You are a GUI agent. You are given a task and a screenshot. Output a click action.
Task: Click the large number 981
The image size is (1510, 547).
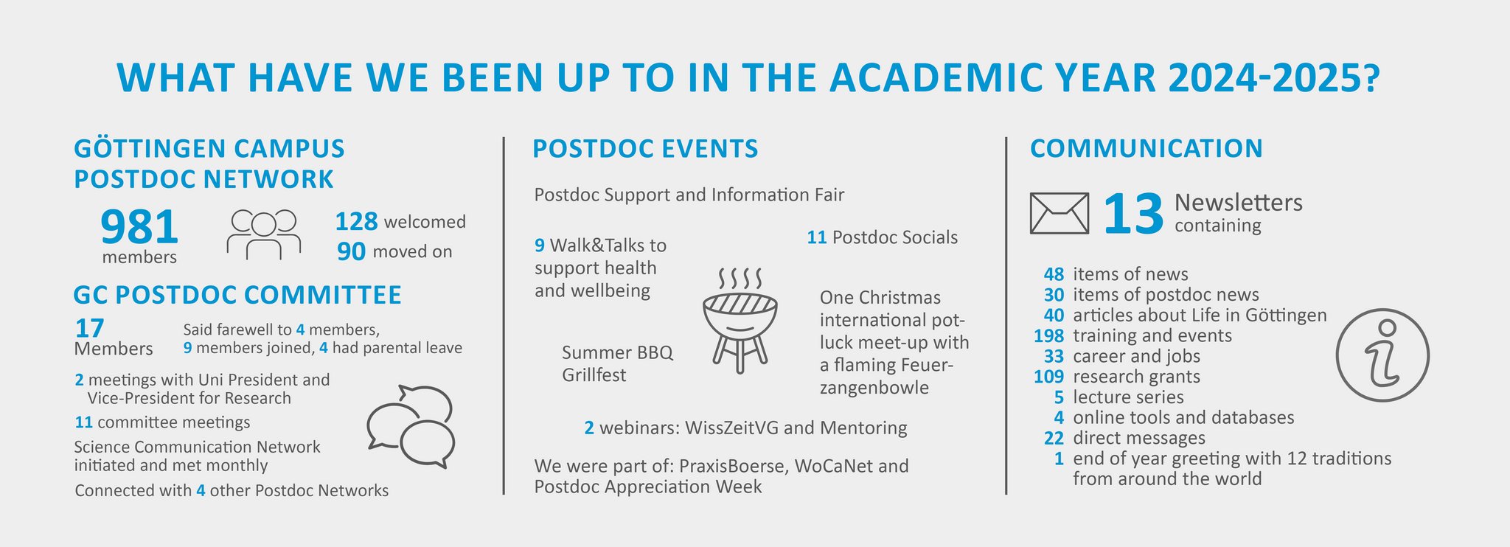click(139, 226)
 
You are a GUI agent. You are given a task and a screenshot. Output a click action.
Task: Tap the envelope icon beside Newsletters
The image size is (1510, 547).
click(1059, 214)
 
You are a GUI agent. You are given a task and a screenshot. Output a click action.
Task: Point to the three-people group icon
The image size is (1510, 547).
click(263, 234)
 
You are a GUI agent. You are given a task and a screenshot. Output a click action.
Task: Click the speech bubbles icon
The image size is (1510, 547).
click(411, 427)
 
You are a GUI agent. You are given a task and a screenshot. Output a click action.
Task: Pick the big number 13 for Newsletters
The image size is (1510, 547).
click(1132, 215)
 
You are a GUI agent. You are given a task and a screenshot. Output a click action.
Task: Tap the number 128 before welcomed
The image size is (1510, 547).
click(356, 221)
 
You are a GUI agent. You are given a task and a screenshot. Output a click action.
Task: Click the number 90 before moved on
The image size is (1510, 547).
click(351, 251)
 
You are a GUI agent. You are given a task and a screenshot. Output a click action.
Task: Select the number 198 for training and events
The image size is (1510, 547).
click(1048, 336)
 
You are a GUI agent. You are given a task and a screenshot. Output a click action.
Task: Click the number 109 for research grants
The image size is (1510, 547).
click(1048, 377)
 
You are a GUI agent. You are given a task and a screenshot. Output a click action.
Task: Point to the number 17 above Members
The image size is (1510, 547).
click(89, 328)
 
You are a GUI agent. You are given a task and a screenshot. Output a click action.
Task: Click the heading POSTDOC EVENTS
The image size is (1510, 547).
click(645, 149)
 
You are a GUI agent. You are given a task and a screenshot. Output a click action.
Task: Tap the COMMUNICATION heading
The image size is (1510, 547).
click(1147, 148)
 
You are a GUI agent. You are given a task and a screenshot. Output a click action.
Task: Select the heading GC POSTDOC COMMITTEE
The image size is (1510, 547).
click(237, 295)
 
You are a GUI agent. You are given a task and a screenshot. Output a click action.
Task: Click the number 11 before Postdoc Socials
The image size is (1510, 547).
click(816, 237)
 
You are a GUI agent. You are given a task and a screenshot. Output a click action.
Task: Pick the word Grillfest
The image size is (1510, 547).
click(594, 374)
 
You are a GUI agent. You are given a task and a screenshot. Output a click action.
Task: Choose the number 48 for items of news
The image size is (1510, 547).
click(1054, 274)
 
